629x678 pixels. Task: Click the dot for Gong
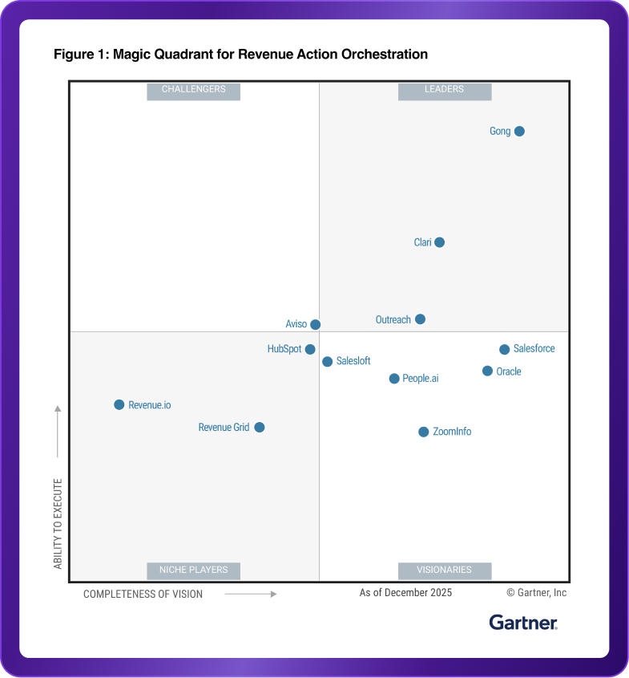519,132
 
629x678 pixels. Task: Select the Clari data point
439,242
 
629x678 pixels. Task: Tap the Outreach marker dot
420,319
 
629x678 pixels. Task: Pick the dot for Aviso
316,325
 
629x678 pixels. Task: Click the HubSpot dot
310,349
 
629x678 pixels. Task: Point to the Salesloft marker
328,362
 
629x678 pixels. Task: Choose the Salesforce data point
505,349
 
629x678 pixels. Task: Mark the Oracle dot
487,371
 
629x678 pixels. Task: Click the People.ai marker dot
394,379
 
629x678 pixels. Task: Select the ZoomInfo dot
423,432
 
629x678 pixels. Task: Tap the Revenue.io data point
119,405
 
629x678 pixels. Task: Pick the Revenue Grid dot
259,428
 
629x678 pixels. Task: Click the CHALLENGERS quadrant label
193,90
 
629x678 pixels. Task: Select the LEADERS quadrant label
444,90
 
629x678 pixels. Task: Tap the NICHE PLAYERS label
193,570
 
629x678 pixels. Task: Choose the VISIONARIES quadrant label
444,570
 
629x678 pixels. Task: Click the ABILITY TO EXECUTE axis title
58,523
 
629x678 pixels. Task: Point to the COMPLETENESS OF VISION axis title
143,595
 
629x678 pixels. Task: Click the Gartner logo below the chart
523,623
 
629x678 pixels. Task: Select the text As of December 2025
405,593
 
